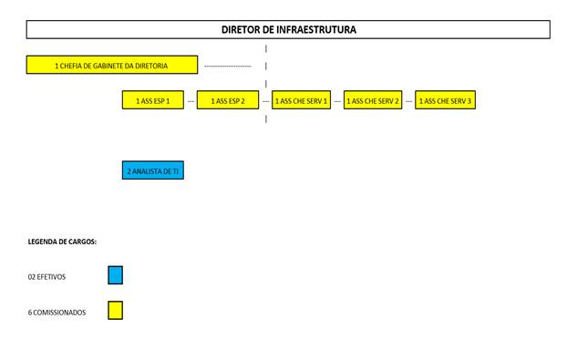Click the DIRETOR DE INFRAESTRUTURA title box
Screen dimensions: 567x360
tap(288, 29)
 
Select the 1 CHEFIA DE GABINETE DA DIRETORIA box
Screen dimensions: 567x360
tap(112, 65)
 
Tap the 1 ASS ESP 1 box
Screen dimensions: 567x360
tap(153, 99)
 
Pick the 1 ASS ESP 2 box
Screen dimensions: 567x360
tap(228, 99)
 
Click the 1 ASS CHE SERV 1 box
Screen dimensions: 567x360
tap(301, 99)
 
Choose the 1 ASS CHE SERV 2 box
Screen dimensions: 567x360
tap(373, 99)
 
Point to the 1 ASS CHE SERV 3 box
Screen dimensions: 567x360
tap(445, 99)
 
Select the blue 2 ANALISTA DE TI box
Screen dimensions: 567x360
tap(153, 170)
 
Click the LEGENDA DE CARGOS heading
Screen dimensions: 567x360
tap(62, 242)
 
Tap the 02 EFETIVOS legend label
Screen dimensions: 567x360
tap(46, 277)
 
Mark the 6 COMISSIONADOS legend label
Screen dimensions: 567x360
tap(57, 313)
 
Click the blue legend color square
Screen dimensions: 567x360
tap(116, 275)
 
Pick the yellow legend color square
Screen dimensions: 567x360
tap(116, 311)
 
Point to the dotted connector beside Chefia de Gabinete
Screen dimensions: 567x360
tap(228, 67)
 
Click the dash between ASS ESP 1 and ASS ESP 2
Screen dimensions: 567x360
tap(191, 101)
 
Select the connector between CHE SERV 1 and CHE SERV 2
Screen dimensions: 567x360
tap(337, 101)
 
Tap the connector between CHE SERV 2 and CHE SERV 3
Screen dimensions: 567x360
tap(409, 101)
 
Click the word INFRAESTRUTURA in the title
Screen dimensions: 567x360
tap(316, 30)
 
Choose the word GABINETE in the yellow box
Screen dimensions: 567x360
tap(108, 66)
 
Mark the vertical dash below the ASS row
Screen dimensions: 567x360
tap(266, 118)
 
